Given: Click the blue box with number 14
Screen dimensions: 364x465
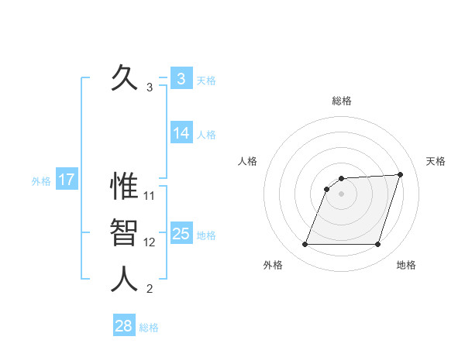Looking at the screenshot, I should coord(181,133).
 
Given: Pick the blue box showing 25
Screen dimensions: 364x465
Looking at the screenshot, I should coord(181,234).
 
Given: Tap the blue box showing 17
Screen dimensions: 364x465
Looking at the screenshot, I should coord(67,180).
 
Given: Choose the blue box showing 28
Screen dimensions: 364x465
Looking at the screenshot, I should coord(124,326).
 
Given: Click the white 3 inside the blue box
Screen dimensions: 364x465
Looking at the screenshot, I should coord(181,79).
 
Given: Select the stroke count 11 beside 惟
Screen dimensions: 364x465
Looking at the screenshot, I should coord(150,196).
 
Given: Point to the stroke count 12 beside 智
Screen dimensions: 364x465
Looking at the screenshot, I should coord(150,242).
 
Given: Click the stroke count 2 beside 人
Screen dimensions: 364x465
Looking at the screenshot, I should coord(150,290).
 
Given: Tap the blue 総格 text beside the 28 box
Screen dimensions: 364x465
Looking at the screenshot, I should coord(149,328).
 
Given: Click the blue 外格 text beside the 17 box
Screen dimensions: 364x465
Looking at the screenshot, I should coord(41,182).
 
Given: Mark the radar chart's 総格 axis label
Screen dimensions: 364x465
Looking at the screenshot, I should coord(341,101).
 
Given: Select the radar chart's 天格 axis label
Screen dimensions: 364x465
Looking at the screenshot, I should coord(436,161).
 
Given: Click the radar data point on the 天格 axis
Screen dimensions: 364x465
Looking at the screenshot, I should coord(401,175).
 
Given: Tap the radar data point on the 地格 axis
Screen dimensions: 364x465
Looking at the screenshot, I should coord(377,245).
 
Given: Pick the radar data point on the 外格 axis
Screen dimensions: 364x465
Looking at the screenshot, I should coord(305,245).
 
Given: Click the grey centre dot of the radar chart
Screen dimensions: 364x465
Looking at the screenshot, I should coord(341,194).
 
